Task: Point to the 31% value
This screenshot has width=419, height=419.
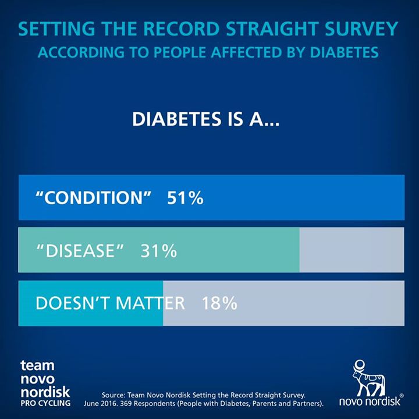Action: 158,251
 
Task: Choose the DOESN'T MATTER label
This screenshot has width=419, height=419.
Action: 110,303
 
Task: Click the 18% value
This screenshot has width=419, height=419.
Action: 219,303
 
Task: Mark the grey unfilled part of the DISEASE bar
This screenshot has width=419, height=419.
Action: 351,250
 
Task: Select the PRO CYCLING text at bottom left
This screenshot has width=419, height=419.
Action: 45,403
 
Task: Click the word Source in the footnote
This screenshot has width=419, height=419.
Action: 114,393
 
